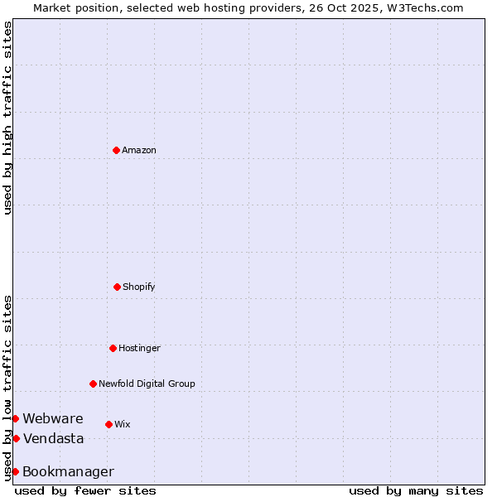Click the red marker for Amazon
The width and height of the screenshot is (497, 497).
[x=116, y=150]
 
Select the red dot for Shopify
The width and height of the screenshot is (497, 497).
[x=117, y=287]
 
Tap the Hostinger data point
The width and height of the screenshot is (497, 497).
[x=113, y=348]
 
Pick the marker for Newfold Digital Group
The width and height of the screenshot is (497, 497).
[x=93, y=384]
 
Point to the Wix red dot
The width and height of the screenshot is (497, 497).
[x=109, y=424]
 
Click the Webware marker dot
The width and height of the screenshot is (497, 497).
[x=15, y=418]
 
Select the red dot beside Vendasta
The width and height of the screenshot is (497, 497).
[x=16, y=438]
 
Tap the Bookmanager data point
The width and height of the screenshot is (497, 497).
[x=15, y=471]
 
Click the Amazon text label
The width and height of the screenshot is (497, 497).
[x=139, y=150]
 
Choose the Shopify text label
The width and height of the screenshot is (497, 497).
[x=139, y=287]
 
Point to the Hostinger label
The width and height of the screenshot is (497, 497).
[x=139, y=348]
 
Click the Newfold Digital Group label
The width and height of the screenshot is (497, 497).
[x=147, y=384]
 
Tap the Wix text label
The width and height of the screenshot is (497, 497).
[x=123, y=424]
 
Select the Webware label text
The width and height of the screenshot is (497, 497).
[x=53, y=418]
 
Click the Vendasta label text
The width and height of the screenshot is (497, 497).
[x=53, y=438]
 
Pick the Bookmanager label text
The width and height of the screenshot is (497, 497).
[x=68, y=471]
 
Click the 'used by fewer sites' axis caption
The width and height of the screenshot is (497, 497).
[x=85, y=490]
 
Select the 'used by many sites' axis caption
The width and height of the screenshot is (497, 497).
[x=416, y=490]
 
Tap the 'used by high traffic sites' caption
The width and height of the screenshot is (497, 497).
[x=7, y=118]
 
